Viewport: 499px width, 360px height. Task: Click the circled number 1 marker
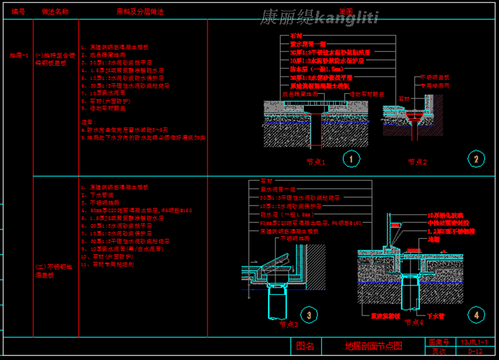click(351, 158)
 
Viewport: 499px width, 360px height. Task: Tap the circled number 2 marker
click(476, 158)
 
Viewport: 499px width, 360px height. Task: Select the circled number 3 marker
click(309, 315)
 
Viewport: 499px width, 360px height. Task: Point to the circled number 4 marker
click(476, 315)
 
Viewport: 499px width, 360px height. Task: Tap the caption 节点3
click(289, 325)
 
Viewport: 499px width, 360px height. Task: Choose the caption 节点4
click(414, 323)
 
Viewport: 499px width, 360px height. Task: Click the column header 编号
click(18, 12)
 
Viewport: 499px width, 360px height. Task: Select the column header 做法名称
click(55, 12)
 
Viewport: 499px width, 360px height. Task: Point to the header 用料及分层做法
click(140, 12)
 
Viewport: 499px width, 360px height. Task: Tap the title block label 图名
click(305, 346)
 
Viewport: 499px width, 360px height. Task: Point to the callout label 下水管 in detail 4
click(435, 316)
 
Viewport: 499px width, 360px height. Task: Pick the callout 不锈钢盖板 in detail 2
click(434, 78)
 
